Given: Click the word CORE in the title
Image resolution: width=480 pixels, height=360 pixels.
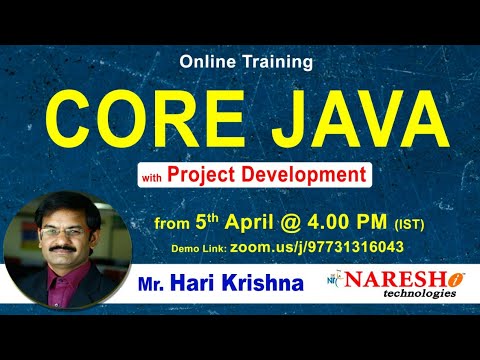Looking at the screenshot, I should pos(140,119).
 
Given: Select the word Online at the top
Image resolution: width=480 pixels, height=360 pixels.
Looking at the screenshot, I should pos(208,61).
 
